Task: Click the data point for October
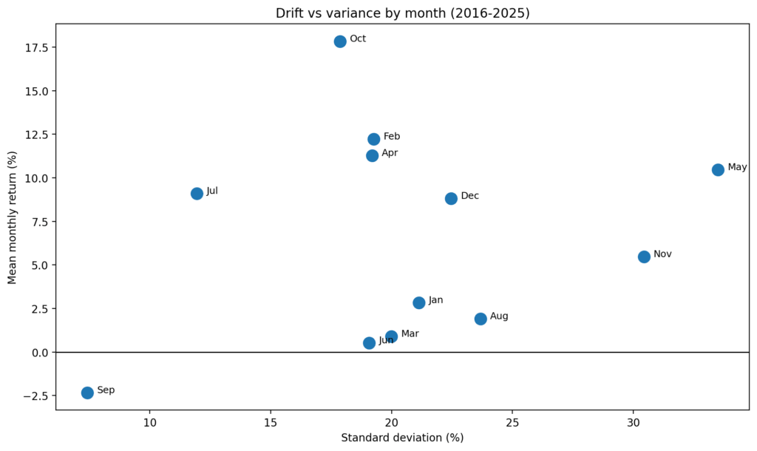click(340, 41)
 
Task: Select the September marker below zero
click(87, 393)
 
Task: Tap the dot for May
click(718, 170)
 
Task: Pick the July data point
click(197, 194)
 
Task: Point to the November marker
click(644, 257)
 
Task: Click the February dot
click(374, 139)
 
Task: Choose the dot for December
click(451, 198)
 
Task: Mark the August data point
click(481, 319)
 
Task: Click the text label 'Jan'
click(436, 300)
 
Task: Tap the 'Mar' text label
click(410, 334)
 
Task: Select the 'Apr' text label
click(390, 153)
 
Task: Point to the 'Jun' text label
click(386, 340)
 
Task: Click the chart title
click(402, 13)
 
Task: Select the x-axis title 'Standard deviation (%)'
click(402, 438)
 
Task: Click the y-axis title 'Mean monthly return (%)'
click(12, 217)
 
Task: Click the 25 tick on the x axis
click(512, 422)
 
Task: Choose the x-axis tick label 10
click(149, 422)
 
